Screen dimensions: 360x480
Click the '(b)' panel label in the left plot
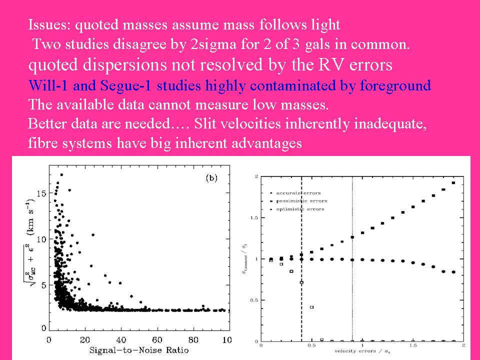211,178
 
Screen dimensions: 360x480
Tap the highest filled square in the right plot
453,183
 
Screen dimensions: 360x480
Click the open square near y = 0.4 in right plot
312,307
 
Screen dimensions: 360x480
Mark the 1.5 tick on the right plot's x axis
413,345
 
